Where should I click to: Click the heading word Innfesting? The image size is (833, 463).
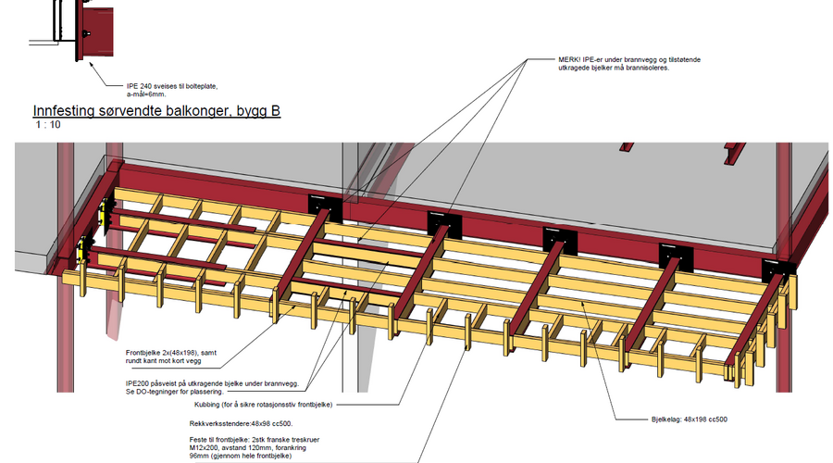[x=66, y=112]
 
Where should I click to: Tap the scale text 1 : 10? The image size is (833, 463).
[x=48, y=125]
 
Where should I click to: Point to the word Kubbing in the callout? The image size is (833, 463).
[x=210, y=405]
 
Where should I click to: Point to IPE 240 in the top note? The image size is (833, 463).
[x=142, y=85]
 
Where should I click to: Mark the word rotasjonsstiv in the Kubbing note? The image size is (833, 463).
[x=279, y=405]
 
